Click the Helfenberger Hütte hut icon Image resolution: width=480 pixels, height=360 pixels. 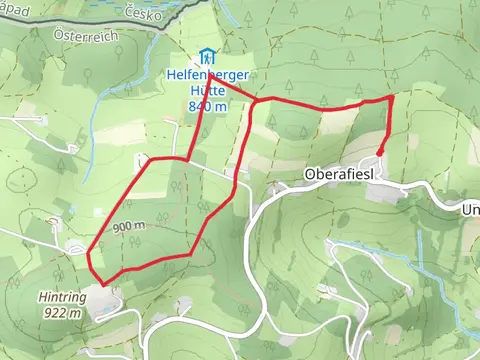click(206, 56)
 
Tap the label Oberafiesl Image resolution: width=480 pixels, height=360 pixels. click(339, 173)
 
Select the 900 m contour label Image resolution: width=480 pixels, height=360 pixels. click(129, 226)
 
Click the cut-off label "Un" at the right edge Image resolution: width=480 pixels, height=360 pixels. click(470, 210)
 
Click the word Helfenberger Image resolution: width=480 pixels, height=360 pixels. click(208, 75)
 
